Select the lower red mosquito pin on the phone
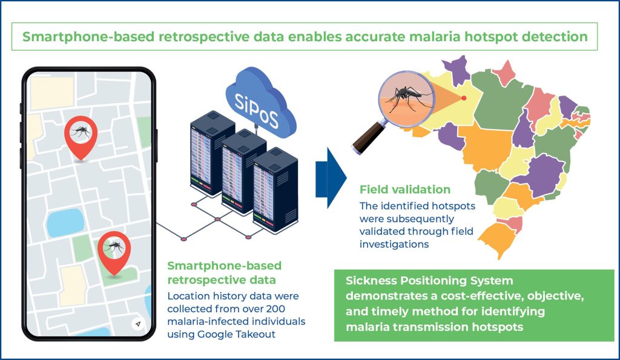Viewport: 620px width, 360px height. point(114,250)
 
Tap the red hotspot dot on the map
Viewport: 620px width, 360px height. point(464,98)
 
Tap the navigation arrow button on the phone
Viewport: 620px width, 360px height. point(138,324)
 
